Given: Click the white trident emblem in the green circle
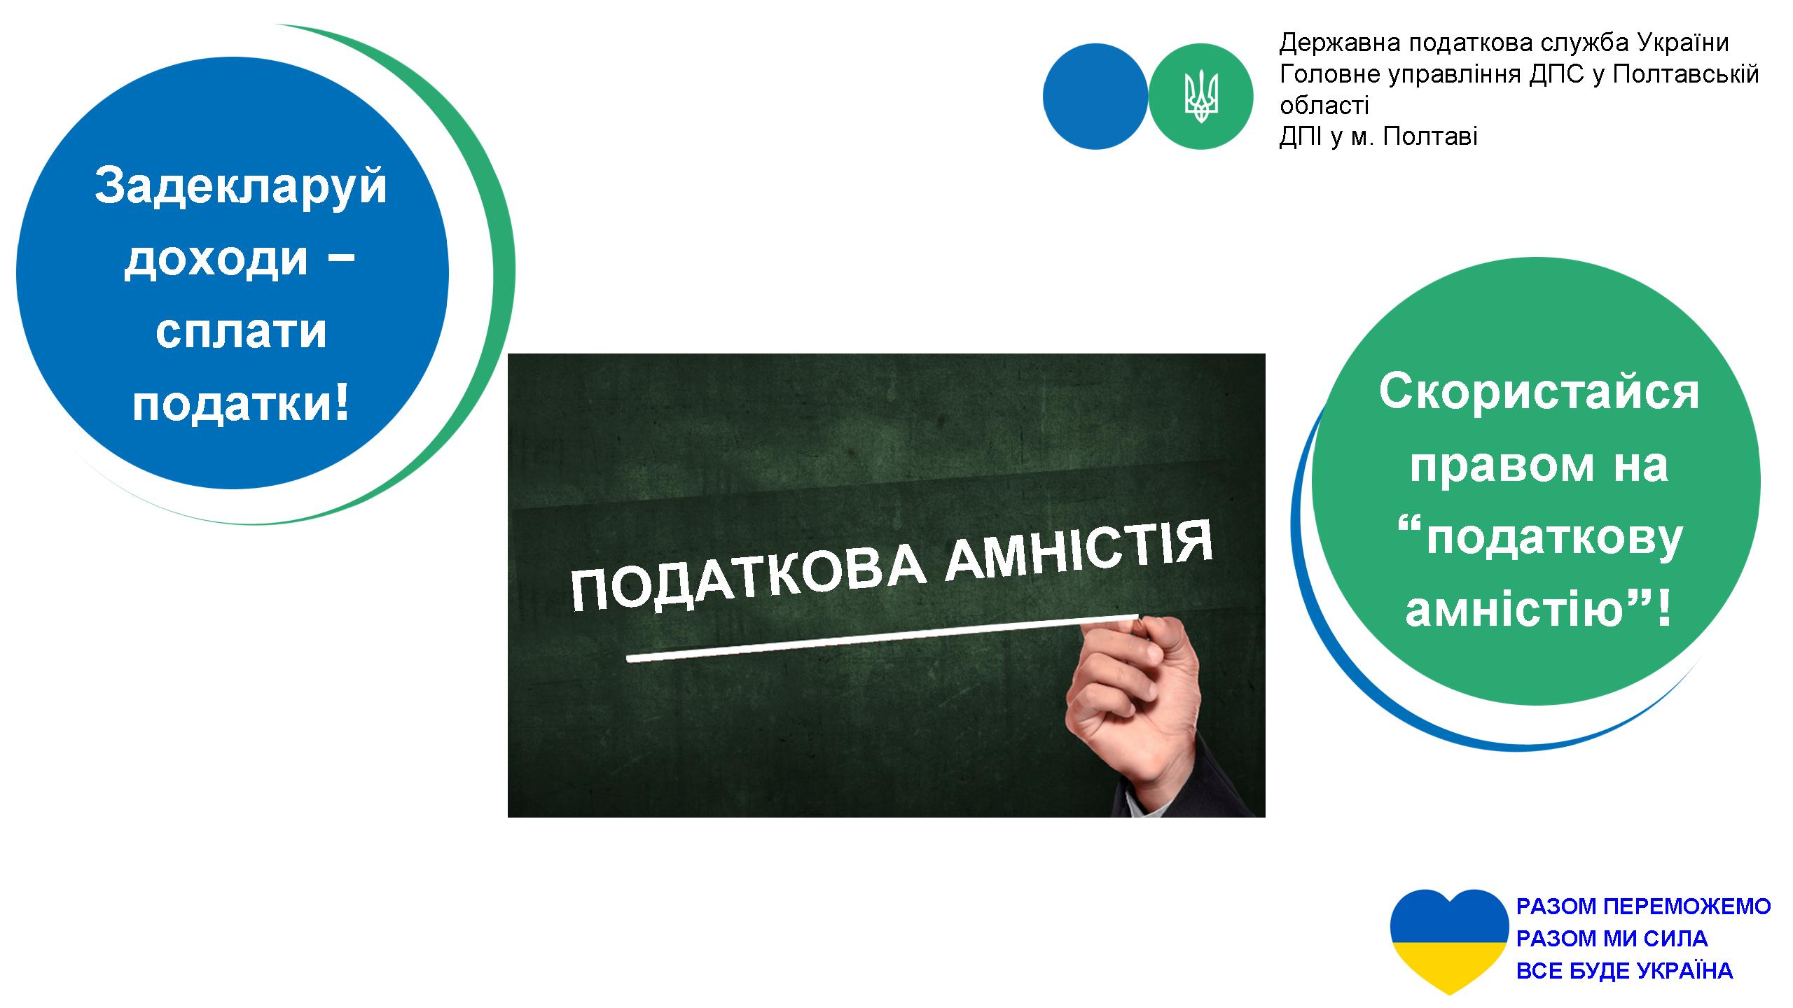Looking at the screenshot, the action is coord(1201,96).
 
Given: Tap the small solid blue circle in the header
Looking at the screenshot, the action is coord(1095,96).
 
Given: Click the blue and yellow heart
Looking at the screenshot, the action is coord(1449,942).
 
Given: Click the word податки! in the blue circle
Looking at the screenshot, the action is coord(240,405).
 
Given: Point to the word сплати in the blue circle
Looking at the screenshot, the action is coord(241,331).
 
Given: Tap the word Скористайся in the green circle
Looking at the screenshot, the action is coord(1539,393).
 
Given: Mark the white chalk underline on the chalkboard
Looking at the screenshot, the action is coord(882,638).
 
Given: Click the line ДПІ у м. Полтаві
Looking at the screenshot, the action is coord(1378,136).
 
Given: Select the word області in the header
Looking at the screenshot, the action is coord(1324,106).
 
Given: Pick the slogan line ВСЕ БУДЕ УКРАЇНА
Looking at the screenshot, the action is coord(1624,971).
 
